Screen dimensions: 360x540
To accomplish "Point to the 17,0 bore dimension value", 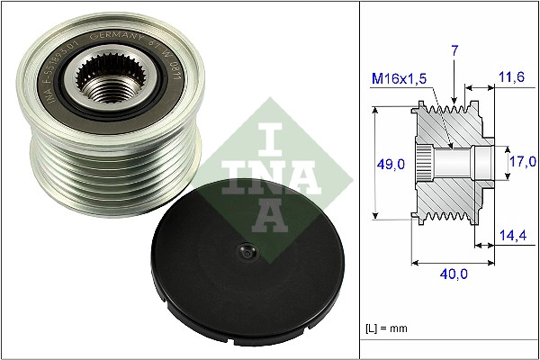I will click(x=521, y=162).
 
